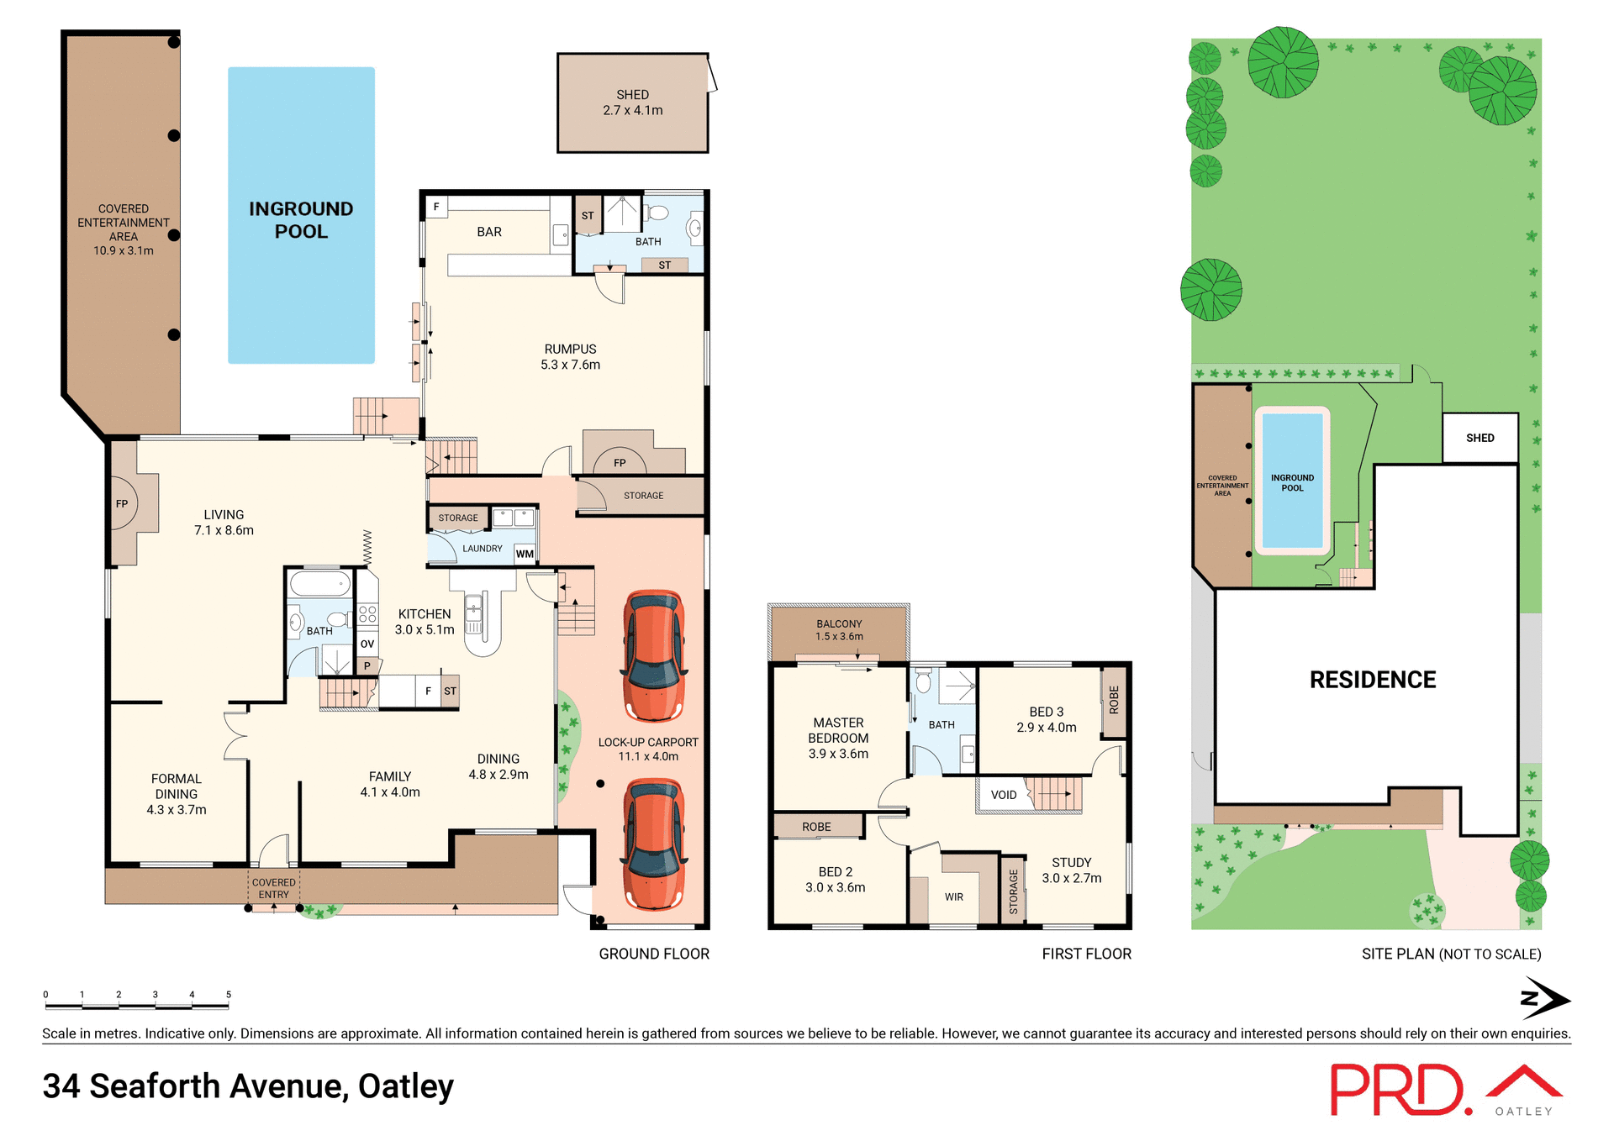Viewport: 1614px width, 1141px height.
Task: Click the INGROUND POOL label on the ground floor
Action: click(301, 220)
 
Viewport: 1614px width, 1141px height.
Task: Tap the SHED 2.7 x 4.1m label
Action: click(632, 103)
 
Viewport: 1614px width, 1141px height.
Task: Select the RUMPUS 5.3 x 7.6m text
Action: click(570, 357)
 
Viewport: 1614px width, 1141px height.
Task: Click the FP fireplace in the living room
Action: click(123, 503)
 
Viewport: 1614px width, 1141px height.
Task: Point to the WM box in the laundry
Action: click(525, 554)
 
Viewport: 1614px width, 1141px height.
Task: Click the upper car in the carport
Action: click(654, 655)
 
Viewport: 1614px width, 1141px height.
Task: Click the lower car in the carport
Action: click(654, 844)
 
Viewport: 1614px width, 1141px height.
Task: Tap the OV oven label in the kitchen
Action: click(367, 644)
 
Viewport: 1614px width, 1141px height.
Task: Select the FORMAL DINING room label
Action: click(176, 794)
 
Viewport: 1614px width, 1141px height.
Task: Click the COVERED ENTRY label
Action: click(274, 889)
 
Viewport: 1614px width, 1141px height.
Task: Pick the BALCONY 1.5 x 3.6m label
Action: click(839, 630)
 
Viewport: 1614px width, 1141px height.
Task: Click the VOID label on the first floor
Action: click(1004, 795)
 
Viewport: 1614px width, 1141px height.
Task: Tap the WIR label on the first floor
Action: click(954, 897)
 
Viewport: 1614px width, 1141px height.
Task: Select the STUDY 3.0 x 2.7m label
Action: click(1072, 870)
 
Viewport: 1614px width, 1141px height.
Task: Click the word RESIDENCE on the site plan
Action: click(1373, 680)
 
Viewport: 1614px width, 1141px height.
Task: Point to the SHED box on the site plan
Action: click(1480, 438)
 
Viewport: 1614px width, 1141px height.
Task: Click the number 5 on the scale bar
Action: click(229, 995)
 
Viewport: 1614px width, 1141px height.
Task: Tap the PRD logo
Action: click(1399, 1090)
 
